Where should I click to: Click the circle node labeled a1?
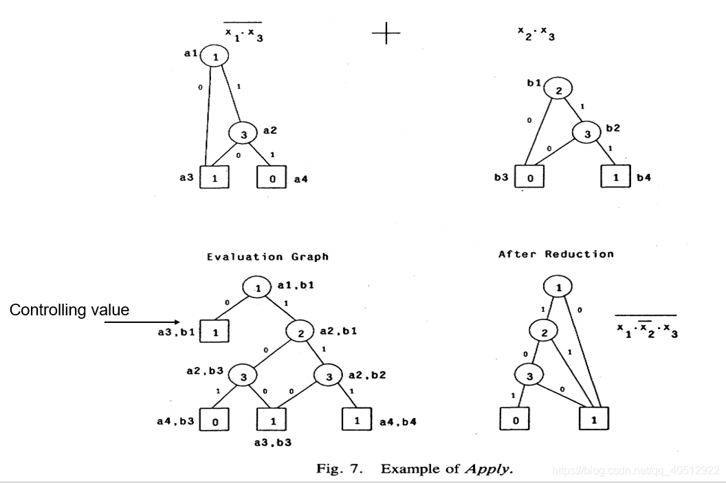[x=215, y=57]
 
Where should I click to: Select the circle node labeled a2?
[x=243, y=134]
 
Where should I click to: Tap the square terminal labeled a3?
[x=214, y=178]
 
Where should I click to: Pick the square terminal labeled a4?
[x=272, y=178]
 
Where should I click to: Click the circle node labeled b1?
[x=558, y=89]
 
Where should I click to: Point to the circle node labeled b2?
[x=587, y=134]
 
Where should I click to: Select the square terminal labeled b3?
[x=530, y=177]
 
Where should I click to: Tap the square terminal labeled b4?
[x=616, y=177]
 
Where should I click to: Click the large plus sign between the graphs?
[x=386, y=32]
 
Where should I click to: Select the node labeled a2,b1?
[x=300, y=333]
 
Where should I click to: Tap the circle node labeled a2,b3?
[x=243, y=376]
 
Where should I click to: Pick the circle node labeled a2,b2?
[x=329, y=376]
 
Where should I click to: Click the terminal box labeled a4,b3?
[x=214, y=420]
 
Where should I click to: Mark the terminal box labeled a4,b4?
[x=357, y=420]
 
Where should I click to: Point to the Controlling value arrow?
[x=142, y=321]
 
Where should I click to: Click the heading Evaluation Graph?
[x=267, y=257]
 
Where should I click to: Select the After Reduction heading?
[x=555, y=254]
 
